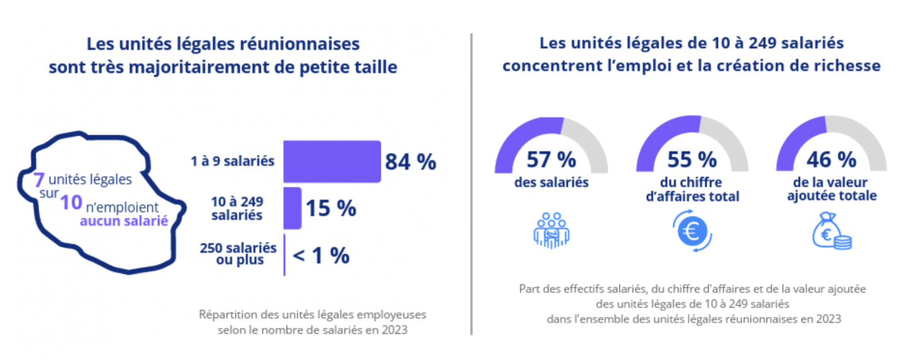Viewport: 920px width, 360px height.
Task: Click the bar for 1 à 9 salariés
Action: coord(332,162)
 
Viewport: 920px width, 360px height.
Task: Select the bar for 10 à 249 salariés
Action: coord(292,208)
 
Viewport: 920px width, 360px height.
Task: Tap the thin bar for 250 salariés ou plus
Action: coord(284,255)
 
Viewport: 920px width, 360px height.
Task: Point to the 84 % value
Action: coord(411,162)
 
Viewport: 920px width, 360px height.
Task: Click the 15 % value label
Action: coord(331,209)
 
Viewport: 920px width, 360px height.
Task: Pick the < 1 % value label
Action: coord(321,256)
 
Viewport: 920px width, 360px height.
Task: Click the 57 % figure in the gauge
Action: coord(551,159)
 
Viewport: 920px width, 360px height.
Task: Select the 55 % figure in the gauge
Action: coord(692,159)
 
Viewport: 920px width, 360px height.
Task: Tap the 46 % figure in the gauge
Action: coord(831,159)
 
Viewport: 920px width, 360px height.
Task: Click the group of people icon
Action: coord(551,231)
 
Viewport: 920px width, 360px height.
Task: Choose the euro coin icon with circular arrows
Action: coord(692,231)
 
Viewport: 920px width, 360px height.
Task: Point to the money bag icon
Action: coord(831,231)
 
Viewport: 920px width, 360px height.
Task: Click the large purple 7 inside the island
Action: coord(39,180)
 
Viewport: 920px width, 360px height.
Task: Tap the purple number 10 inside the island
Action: coord(71,202)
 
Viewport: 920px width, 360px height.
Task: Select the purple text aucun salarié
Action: coord(124,221)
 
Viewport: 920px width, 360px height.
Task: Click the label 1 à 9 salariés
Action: coord(232,162)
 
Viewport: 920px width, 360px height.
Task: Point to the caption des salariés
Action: coord(551,183)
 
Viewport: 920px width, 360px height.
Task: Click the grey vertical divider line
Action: coord(471,184)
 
